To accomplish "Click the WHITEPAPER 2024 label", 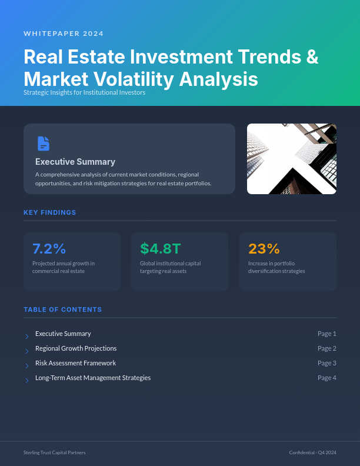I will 64,34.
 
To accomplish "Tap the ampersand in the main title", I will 312,57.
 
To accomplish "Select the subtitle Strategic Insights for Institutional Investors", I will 84,93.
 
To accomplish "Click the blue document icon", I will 44,143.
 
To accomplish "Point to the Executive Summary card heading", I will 75,162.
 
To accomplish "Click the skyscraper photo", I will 291,159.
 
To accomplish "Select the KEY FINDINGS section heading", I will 50,212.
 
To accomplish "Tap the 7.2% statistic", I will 49,248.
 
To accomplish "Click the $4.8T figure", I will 161,248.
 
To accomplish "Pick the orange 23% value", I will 264,248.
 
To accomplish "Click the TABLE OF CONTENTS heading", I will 62,309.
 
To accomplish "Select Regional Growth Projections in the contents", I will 76,348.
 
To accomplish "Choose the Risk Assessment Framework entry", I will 75,363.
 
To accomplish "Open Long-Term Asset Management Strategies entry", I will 93,378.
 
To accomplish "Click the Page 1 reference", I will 326,334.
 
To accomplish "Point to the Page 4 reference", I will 326,378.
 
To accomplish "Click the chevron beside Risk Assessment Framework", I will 27,366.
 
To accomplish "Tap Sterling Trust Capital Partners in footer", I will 54,452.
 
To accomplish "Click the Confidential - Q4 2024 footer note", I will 312,452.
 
